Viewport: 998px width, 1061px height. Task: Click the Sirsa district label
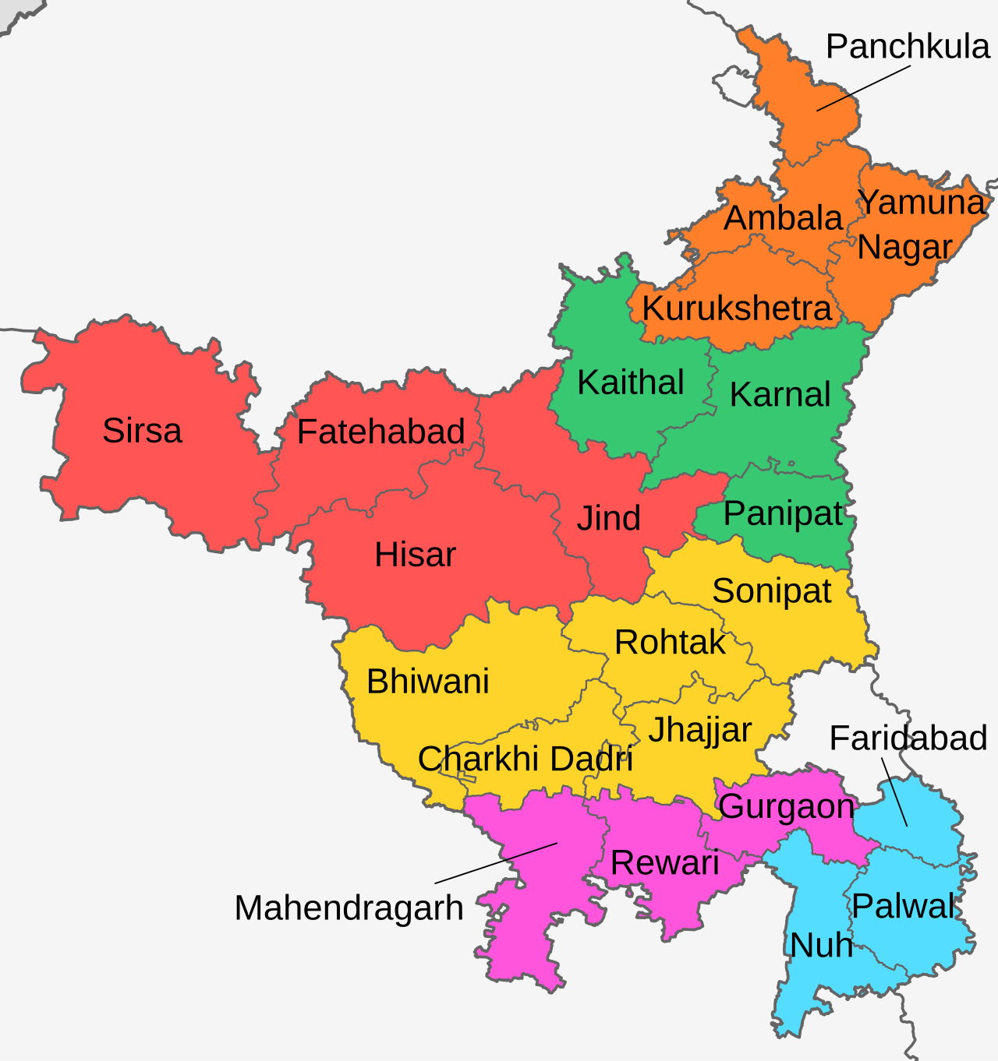142,431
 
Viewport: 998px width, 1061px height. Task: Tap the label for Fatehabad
380,432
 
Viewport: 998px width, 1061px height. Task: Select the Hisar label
415,555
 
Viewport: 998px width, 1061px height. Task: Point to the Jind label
608,519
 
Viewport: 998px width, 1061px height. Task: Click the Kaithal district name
630,382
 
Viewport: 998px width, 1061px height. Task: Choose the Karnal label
780,395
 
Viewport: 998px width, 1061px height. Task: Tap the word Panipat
783,514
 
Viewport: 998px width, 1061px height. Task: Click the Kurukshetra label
736,309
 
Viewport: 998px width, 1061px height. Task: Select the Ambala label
783,218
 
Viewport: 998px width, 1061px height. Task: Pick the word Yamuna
922,203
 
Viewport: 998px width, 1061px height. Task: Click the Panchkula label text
908,47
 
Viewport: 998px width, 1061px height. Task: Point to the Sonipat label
771,591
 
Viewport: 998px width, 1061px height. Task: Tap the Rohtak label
670,643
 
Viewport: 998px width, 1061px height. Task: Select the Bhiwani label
427,682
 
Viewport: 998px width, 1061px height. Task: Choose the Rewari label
664,863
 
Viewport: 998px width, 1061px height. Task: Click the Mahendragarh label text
349,908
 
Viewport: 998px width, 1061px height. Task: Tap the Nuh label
821,946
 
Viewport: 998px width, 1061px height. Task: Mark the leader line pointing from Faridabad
894,791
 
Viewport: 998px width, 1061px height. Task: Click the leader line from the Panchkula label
863,88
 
